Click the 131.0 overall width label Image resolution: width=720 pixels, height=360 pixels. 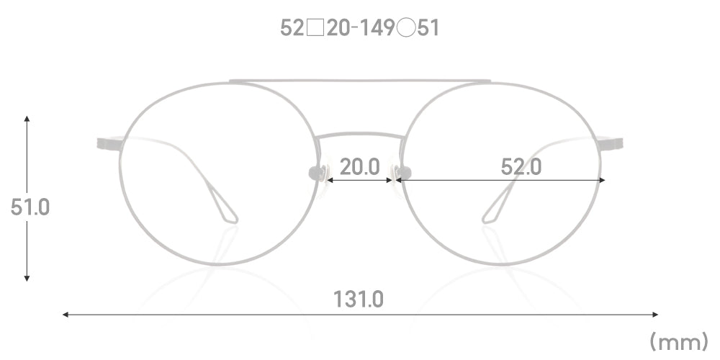[358, 300]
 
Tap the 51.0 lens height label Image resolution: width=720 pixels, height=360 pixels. [30, 207]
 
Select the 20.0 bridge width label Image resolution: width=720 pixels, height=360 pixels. [359, 167]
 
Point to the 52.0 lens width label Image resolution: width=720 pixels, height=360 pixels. [521, 167]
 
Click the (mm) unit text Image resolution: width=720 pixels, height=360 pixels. [679, 342]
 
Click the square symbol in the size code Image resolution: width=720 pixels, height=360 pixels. [315, 29]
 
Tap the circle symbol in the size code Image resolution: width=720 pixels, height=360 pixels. [406, 29]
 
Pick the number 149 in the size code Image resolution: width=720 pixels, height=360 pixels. [376, 29]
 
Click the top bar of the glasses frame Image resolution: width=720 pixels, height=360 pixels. [360, 81]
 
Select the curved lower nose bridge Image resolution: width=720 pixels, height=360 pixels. [360, 135]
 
